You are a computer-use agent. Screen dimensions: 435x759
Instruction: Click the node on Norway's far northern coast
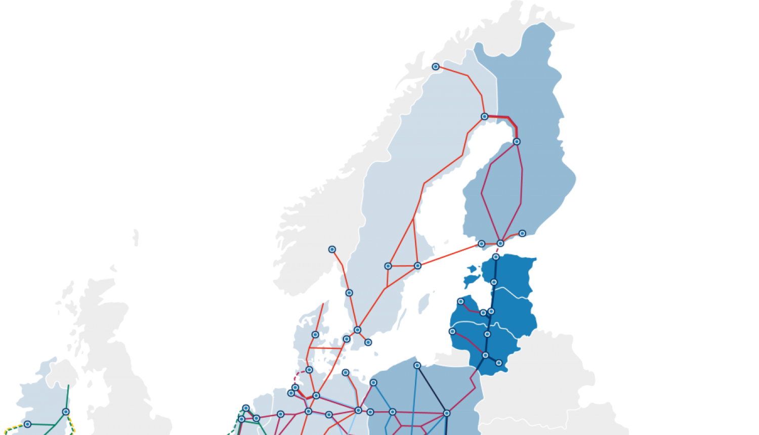pos(435,67)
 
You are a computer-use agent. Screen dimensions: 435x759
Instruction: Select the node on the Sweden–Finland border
pos(484,116)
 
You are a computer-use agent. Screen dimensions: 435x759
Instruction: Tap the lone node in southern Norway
pos(332,249)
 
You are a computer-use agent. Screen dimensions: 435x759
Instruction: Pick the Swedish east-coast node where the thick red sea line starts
pos(417,266)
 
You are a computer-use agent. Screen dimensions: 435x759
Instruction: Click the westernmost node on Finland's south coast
pos(481,244)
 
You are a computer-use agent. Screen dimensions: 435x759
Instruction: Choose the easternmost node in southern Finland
pos(522,234)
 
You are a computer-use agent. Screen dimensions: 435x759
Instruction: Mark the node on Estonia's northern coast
pos(496,257)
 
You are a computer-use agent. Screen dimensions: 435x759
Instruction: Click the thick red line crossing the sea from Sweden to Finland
pos(449,254)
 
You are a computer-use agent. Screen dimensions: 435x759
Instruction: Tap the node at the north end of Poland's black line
pos(417,365)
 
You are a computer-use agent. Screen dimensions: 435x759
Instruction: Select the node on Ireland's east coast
pos(66,412)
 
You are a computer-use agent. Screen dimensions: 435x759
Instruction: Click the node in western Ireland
pos(27,424)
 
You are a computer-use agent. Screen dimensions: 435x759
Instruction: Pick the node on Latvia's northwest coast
pos(460,301)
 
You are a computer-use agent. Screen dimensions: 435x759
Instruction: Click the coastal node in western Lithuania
pos(452,332)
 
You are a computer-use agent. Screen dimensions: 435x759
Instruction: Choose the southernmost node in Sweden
pos(368,342)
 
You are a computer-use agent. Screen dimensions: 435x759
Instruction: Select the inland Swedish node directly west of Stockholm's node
pos(388,266)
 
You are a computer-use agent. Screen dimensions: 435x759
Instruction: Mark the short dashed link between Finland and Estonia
pos(498,250)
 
